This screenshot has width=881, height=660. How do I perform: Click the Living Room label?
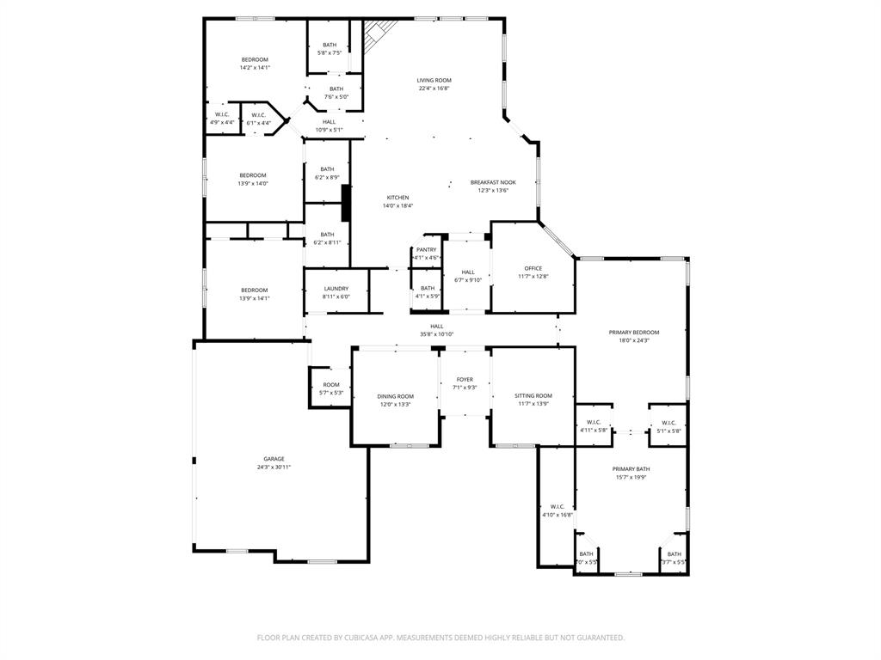tap(434, 80)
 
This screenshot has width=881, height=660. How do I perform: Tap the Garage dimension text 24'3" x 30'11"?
tap(274, 467)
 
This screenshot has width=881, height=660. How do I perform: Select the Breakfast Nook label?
tap(493, 182)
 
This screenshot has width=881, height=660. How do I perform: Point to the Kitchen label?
tap(397, 198)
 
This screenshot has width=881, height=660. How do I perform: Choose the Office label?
tap(533, 268)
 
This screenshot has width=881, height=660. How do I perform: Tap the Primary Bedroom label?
tap(633, 332)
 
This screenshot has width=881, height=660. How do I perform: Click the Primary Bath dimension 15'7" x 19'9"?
tap(630, 477)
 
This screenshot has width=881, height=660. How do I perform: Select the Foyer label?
tap(465, 379)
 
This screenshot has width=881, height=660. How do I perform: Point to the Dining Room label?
tap(395, 396)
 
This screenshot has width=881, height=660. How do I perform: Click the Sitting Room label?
tap(533, 395)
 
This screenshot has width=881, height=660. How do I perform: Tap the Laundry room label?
tap(336, 289)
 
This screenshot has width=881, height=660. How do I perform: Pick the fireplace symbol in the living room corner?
tap(376, 34)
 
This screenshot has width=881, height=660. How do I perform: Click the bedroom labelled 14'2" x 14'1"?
tap(255, 63)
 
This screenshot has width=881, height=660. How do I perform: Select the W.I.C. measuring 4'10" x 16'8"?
tap(557, 510)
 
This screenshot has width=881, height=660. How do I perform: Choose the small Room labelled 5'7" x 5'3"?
tap(331, 388)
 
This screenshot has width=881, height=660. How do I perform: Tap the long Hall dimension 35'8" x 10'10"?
tap(437, 334)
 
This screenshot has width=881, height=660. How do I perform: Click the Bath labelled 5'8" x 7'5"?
tap(330, 48)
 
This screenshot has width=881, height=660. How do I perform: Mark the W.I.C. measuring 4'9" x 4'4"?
tap(222, 119)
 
